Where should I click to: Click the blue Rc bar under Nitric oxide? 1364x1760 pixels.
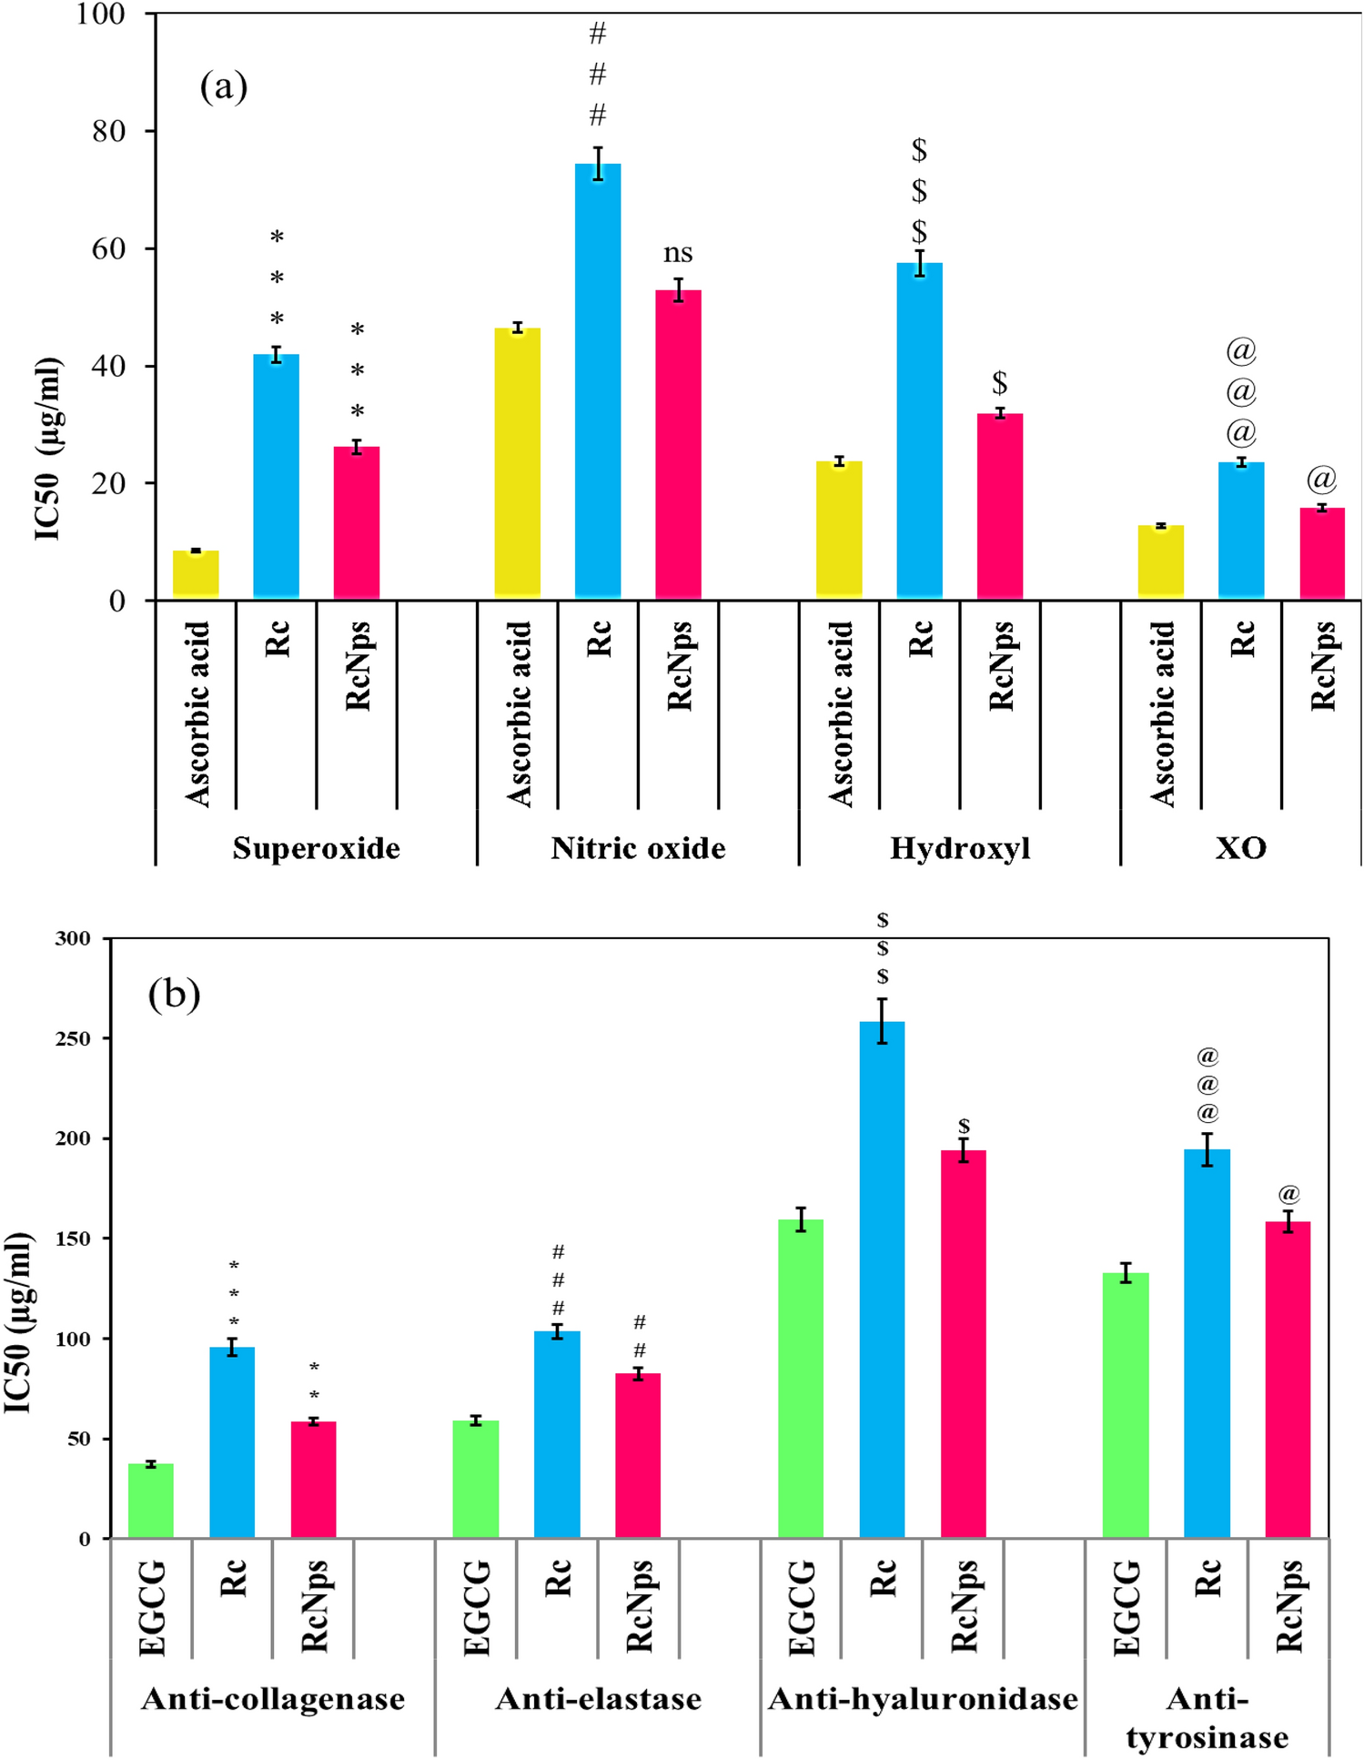(x=598, y=382)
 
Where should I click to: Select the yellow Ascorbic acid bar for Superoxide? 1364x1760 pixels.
(x=196, y=575)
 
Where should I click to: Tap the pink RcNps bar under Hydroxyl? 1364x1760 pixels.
(x=1000, y=507)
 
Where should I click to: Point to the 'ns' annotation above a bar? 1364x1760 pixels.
(x=678, y=253)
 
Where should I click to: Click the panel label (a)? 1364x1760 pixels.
(x=224, y=87)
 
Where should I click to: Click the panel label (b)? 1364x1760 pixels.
(x=174, y=994)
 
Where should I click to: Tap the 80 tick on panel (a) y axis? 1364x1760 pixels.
(x=108, y=131)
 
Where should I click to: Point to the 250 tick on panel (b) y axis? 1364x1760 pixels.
(x=73, y=1038)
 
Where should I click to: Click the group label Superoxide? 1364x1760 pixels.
(x=316, y=848)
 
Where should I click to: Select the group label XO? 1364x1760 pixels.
(x=1240, y=848)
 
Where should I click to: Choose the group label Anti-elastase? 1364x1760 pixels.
(x=598, y=1698)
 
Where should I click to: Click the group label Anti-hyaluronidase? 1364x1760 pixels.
(x=923, y=1698)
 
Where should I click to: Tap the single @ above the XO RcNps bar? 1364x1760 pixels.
(x=1321, y=479)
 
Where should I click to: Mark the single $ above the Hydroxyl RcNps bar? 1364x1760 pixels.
(x=999, y=382)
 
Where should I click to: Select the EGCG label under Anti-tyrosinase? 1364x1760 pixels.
(x=1126, y=1607)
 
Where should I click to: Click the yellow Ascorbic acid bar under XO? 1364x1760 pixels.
(x=1160, y=561)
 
